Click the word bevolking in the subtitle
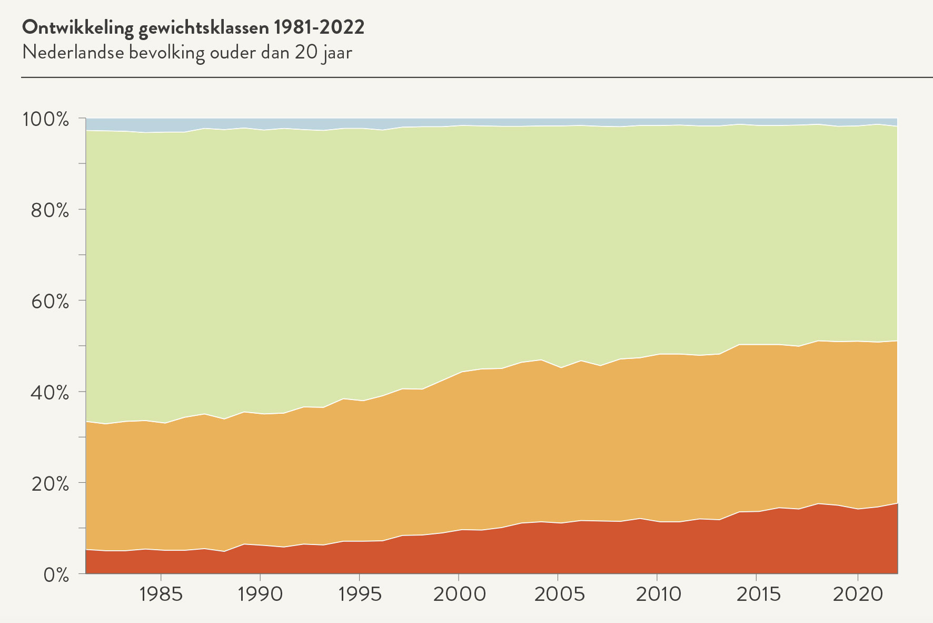click(x=167, y=53)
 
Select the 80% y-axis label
click(x=50, y=210)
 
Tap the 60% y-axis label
click(x=50, y=301)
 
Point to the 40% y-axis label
click(x=50, y=393)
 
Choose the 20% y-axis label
click(x=50, y=484)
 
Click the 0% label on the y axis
click(x=55, y=575)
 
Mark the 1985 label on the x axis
click(x=161, y=595)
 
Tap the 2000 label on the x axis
click(x=459, y=595)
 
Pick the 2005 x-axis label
click(x=559, y=595)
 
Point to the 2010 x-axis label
click(x=658, y=595)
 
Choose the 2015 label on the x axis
click(x=757, y=595)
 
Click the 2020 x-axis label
click(x=858, y=595)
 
